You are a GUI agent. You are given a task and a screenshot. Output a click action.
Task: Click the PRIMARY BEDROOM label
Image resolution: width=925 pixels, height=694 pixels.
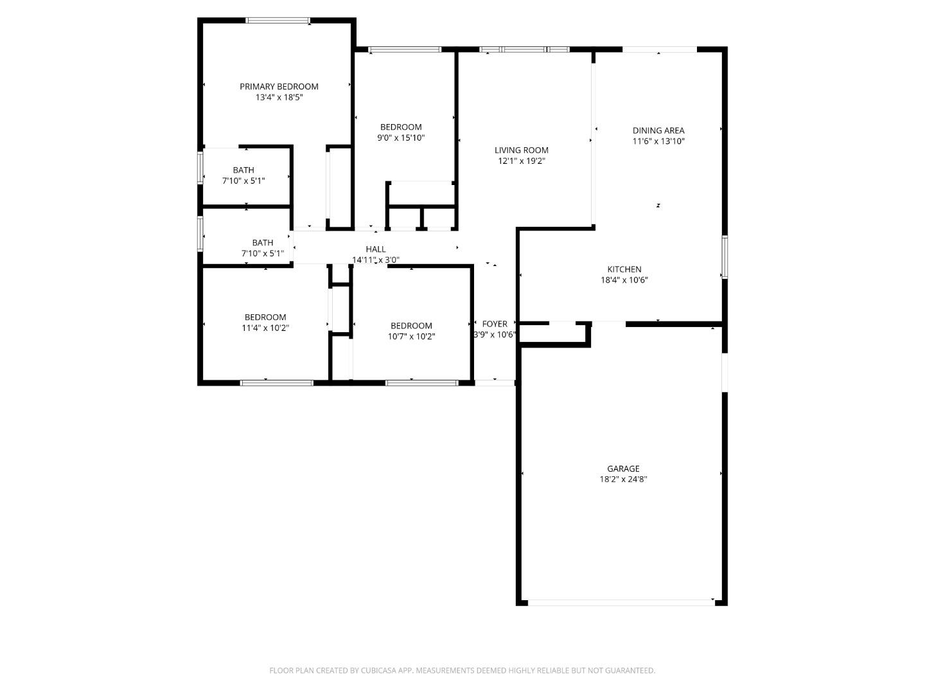(x=279, y=87)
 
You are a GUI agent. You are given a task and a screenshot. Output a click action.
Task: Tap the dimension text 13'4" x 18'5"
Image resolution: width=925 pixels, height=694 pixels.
(x=279, y=98)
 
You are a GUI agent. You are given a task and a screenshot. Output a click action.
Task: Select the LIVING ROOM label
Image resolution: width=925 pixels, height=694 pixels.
(x=521, y=150)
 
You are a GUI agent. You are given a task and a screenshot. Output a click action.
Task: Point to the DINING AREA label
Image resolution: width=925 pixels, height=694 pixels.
(x=658, y=130)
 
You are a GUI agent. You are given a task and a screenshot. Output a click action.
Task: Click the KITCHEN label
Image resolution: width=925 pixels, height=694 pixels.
(x=624, y=269)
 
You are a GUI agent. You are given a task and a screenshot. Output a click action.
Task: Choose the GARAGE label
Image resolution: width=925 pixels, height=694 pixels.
(x=623, y=468)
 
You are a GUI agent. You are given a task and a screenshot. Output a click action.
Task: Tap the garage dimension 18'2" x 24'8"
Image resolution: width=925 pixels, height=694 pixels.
(x=623, y=479)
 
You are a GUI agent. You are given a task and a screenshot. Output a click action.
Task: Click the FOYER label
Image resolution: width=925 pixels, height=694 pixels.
(x=495, y=324)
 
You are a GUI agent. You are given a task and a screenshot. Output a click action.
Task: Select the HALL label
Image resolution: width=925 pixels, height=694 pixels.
(x=376, y=249)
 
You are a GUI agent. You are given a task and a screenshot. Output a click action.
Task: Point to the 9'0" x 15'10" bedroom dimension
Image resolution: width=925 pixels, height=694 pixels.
(x=401, y=138)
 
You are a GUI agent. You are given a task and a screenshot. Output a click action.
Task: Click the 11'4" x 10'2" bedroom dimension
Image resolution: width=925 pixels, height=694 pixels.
(x=265, y=328)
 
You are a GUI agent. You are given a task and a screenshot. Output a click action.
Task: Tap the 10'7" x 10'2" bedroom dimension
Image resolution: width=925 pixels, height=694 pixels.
(x=411, y=336)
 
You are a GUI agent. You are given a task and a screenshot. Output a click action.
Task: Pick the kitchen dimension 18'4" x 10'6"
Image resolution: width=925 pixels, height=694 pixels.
(x=624, y=280)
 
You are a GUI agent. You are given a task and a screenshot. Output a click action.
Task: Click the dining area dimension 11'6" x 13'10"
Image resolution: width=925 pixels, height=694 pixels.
(x=658, y=141)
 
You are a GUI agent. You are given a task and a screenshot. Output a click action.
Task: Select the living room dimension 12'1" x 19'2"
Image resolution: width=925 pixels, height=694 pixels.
(x=521, y=161)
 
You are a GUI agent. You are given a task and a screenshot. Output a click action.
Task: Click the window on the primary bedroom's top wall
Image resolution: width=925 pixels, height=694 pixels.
(x=278, y=21)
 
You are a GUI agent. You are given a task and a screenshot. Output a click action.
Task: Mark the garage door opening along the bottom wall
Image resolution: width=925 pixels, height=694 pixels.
(x=621, y=602)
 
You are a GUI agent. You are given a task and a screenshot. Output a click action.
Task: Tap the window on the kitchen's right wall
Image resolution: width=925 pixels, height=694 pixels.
(x=724, y=257)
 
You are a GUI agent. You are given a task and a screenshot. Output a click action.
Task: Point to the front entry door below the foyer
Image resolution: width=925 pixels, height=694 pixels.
(x=495, y=383)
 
